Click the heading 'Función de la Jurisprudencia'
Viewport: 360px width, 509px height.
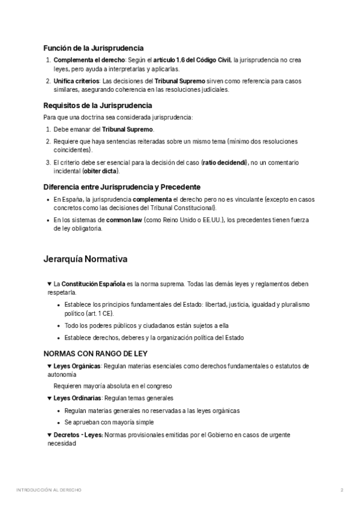click(x=93, y=48)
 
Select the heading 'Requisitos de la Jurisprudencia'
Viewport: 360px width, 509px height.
click(x=98, y=106)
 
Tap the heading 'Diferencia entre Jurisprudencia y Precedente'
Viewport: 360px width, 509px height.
click(x=122, y=187)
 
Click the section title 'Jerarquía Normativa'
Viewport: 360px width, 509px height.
click(x=85, y=260)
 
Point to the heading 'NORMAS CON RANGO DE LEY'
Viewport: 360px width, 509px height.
click(x=95, y=354)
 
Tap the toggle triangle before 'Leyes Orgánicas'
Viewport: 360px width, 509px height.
click(x=49, y=366)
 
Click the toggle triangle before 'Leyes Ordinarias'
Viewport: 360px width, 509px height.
click(x=49, y=398)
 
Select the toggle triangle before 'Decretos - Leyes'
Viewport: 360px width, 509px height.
click(x=49, y=435)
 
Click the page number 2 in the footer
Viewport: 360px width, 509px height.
click(x=341, y=490)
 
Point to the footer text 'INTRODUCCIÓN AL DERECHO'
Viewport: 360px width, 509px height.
click(x=49, y=490)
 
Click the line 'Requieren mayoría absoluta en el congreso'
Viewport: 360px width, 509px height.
click(x=113, y=386)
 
